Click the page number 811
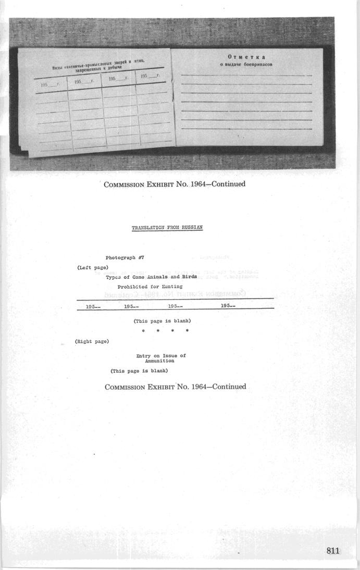pos(333,551)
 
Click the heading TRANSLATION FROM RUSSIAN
pos(167,228)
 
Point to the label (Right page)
pos(92,341)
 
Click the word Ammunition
pos(159,361)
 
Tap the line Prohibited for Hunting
pos(150,287)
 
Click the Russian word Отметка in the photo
pos(246,57)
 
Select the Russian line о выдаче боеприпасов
pos(246,65)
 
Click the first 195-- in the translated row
pos(93,307)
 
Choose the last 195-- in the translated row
pos(228,306)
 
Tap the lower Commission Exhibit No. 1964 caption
pos(175,387)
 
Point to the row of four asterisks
pos(165,331)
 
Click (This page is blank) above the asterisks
pos(162,321)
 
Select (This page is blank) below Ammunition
pos(139,371)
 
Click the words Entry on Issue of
pos(161,356)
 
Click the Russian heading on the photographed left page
pos(99,66)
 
